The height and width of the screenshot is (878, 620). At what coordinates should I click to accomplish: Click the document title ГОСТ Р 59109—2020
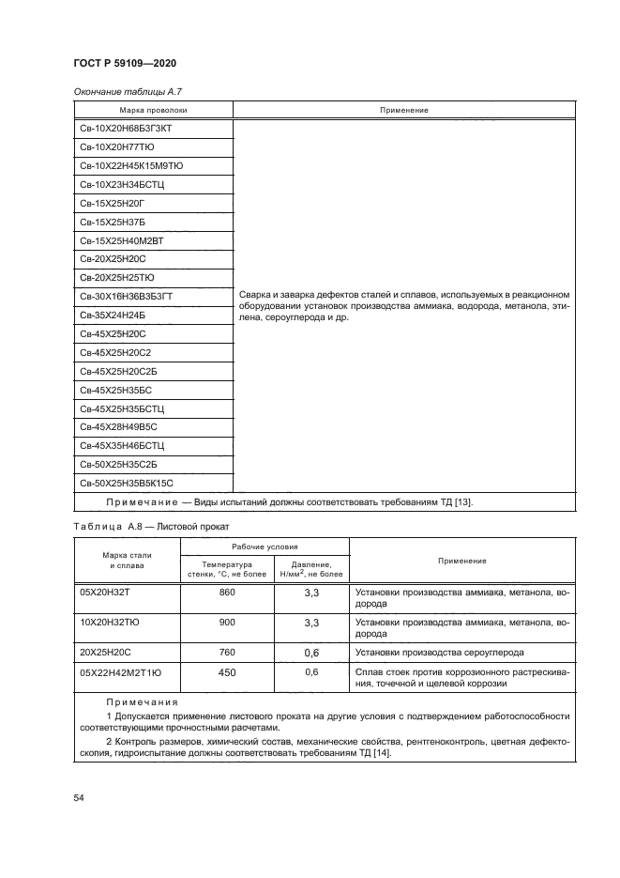[125, 63]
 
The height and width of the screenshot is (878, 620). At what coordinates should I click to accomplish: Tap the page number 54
[79, 797]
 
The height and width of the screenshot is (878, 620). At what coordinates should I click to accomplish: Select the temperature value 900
[227, 623]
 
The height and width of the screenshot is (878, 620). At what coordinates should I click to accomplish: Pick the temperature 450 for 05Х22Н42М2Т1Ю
[227, 672]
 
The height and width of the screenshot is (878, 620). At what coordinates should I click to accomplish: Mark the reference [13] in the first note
[462, 501]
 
